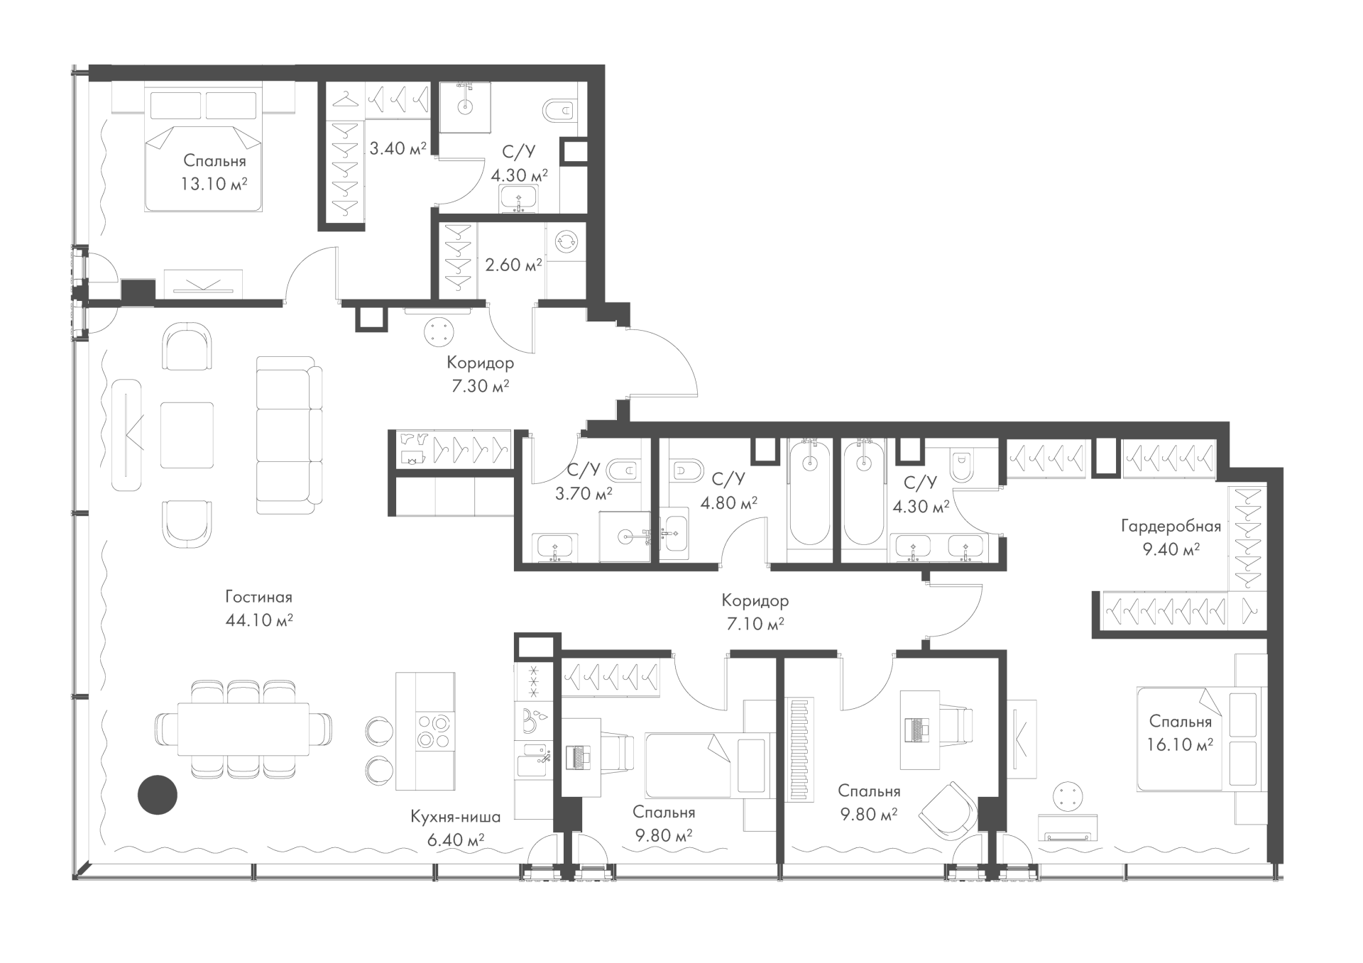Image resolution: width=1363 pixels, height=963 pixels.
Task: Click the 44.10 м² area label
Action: pyautogui.click(x=259, y=620)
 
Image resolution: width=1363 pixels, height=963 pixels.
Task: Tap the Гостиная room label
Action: pyautogui.click(x=259, y=598)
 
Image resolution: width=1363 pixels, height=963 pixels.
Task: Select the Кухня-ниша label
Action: pyautogui.click(x=456, y=817)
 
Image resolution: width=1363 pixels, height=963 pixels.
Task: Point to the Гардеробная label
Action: pyautogui.click(x=1171, y=527)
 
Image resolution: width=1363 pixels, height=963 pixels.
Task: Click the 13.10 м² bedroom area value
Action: pyautogui.click(x=214, y=184)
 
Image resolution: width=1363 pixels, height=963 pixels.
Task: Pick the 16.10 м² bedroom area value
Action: pyautogui.click(x=1179, y=744)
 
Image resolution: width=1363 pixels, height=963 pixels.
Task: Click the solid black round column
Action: pyautogui.click(x=157, y=794)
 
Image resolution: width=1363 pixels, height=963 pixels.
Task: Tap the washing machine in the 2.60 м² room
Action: pyautogui.click(x=566, y=241)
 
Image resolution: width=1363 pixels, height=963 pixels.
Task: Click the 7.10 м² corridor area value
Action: pyautogui.click(x=754, y=624)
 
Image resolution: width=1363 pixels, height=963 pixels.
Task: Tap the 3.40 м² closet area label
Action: pyautogui.click(x=398, y=148)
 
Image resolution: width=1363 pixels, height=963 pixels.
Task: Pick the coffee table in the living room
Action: pyautogui.click(x=187, y=435)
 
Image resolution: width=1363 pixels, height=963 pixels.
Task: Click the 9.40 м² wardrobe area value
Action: pyautogui.click(x=1171, y=549)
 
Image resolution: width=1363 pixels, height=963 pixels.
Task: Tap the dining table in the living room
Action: pyautogui.click(x=243, y=729)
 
